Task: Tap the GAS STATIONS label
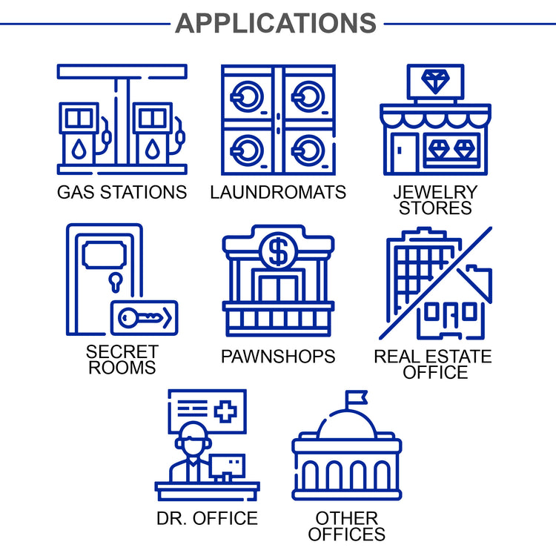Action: pyautogui.click(x=122, y=193)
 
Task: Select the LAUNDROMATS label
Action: pyautogui.click(x=278, y=193)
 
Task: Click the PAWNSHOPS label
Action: pyautogui.click(x=278, y=357)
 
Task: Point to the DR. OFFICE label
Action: pyautogui.click(x=207, y=518)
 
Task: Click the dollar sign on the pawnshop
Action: pyautogui.click(x=279, y=253)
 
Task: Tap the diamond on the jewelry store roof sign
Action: pyautogui.click(x=435, y=78)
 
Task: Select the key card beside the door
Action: pyautogui.click(x=145, y=317)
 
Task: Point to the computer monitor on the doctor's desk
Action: pyautogui.click(x=227, y=466)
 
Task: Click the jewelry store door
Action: pyautogui.click(x=403, y=152)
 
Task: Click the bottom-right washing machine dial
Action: pyautogui.click(x=307, y=150)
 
